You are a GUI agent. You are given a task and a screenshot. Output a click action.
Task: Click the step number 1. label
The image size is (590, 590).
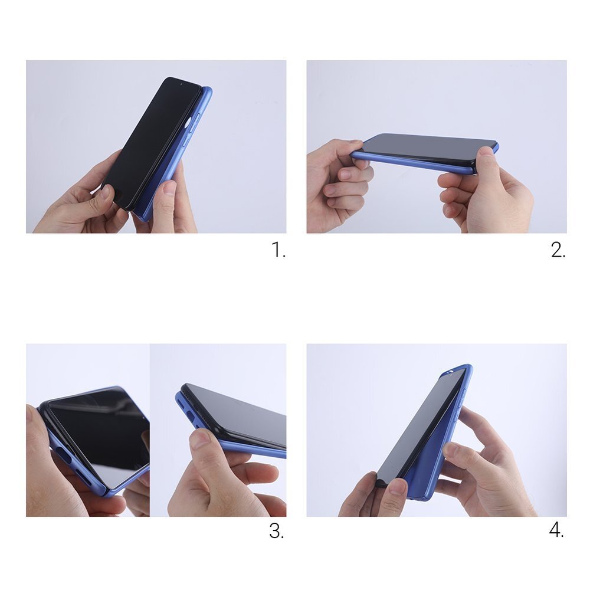coord(278,250)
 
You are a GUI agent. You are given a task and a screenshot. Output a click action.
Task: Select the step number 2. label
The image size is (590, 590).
coord(558,250)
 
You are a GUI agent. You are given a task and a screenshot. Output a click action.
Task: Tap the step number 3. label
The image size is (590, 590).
coord(277,531)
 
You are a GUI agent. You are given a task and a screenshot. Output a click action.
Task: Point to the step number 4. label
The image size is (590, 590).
coord(556,530)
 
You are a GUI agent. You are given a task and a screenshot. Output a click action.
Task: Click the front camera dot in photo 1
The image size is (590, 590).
coord(179,84)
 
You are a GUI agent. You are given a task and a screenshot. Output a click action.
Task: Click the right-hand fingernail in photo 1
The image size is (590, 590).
coord(170,188)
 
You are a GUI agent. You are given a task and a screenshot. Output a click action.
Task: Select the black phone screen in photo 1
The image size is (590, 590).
coord(150,142)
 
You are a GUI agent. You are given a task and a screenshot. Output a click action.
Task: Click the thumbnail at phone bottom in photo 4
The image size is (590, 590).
coord(397,487)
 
